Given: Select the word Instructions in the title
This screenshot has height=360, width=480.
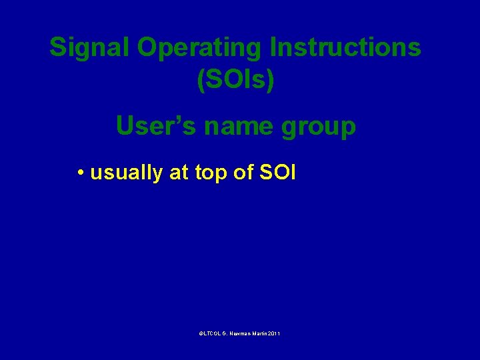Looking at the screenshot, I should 346,47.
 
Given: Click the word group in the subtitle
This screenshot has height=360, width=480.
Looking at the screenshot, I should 319,127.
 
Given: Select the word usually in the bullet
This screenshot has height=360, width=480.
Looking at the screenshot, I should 127,173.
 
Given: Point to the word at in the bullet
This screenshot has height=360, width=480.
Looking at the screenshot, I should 179,173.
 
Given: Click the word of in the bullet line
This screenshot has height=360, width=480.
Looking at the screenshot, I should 243,173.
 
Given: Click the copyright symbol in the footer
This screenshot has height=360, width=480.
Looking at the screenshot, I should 201,333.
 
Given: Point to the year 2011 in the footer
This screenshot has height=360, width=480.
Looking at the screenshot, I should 274,333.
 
